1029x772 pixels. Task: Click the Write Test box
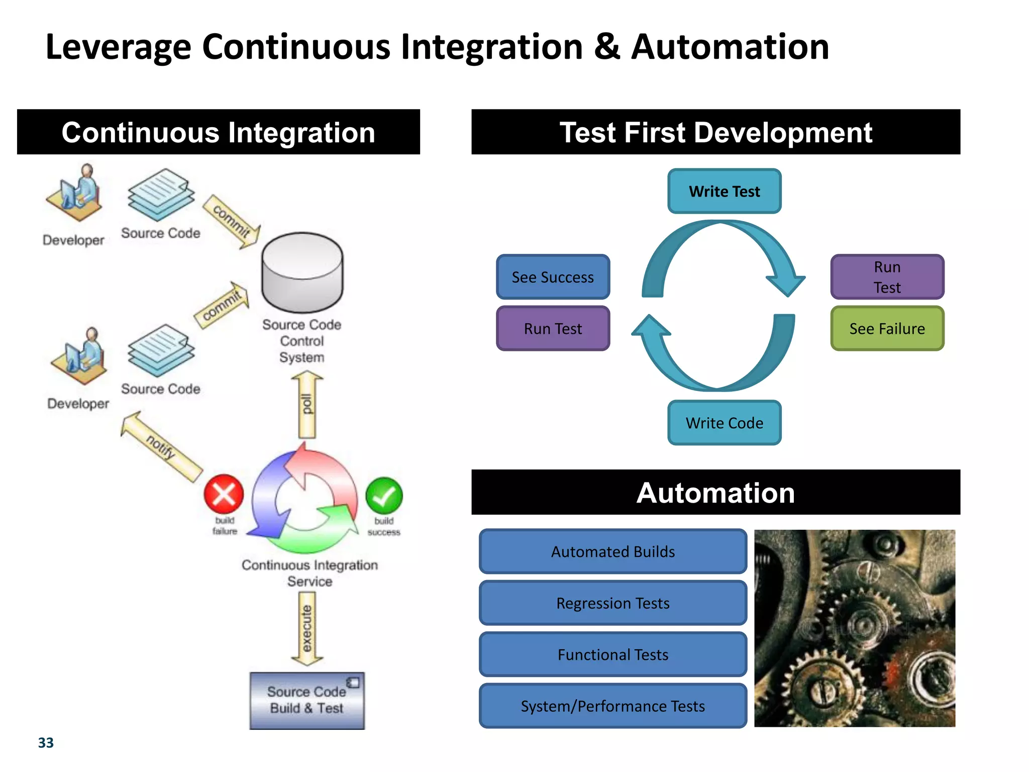point(724,191)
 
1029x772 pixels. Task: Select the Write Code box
point(724,423)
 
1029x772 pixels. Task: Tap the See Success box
point(553,277)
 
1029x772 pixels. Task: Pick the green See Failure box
point(887,328)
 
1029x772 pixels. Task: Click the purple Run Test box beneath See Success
point(553,328)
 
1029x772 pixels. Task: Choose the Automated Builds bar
point(612,551)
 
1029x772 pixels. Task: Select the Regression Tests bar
point(612,603)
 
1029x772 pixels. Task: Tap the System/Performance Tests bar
point(612,706)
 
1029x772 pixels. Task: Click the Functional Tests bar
point(612,654)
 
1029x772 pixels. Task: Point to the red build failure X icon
point(224,494)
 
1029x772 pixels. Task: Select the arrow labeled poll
point(307,405)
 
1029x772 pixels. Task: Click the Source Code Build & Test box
point(307,700)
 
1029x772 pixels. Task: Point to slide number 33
point(46,742)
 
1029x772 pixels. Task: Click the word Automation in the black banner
point(715,493)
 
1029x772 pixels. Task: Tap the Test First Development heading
point(715,132)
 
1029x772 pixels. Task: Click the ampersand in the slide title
point(606,47)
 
